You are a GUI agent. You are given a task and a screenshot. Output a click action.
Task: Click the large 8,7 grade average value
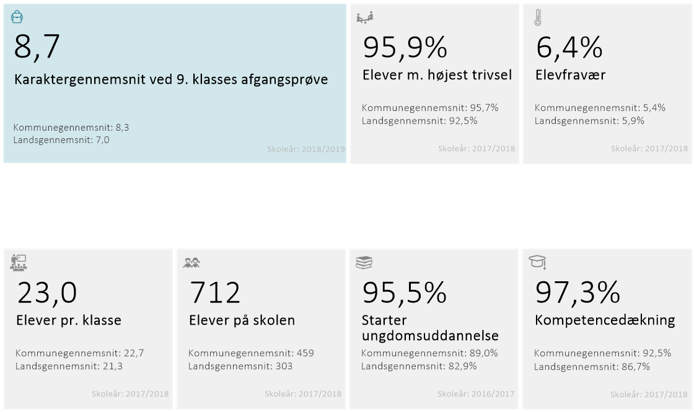37,47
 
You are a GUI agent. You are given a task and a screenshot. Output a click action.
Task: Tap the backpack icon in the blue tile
17,17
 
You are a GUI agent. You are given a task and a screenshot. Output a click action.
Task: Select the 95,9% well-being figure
405,48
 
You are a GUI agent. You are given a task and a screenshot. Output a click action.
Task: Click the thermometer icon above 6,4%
538,17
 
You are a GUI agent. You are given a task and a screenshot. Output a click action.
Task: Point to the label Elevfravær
570,75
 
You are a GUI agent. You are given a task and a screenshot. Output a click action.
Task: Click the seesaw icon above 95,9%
365,17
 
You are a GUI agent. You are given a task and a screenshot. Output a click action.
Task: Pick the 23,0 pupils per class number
47,292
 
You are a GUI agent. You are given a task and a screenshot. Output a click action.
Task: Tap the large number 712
215,292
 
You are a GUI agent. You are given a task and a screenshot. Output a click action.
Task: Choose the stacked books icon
364,263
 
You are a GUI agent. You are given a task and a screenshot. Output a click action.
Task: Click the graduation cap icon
537,261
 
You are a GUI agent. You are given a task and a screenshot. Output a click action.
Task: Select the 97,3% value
578,292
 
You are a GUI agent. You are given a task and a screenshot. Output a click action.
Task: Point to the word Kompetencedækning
605,320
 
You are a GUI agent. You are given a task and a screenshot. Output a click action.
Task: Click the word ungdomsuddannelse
430,336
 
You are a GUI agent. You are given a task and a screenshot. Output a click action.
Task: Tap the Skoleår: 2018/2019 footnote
306,149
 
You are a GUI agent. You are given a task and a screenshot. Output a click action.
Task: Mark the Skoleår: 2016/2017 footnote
476,393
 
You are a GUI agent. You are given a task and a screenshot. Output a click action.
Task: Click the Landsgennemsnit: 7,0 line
61,140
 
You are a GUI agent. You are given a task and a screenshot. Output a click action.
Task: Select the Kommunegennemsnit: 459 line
251,353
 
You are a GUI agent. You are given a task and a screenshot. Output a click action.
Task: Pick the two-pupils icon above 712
191,263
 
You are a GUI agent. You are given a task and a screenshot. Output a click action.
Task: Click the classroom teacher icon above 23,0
19,263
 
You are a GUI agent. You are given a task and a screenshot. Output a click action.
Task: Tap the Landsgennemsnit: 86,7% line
592,366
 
